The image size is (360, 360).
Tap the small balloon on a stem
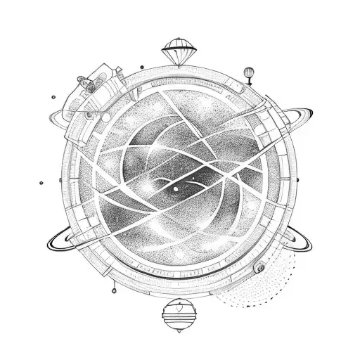tap(249, 71)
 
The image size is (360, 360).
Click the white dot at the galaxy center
tap(175, 188)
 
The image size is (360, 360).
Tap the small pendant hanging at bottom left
tap(112, 288)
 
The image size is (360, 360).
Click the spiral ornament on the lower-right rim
tap(259, 266)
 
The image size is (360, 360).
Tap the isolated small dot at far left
tap(41, 183)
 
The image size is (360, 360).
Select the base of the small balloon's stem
tap(249, 84)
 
